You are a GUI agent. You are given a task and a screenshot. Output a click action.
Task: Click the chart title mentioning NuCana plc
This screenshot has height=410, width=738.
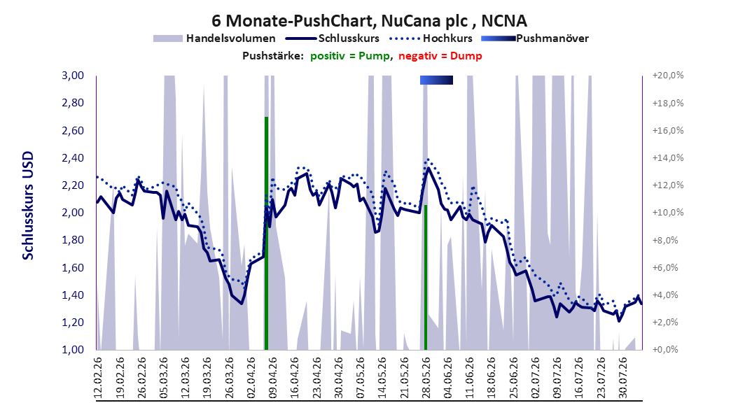coord(369,21)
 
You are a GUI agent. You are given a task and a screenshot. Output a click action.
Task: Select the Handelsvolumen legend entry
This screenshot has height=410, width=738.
coord(214,38)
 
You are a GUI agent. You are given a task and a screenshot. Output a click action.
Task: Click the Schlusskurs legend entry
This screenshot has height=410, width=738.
coord(333,38)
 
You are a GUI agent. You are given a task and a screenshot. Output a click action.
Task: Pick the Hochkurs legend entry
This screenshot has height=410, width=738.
coord(430,38)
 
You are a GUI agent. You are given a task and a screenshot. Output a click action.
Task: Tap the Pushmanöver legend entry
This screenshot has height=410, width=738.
coord(535,38)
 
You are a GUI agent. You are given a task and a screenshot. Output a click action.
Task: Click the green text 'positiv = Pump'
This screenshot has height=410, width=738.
coord(349,56)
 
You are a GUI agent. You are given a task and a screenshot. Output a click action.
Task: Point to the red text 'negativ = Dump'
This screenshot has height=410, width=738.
coord(440,56)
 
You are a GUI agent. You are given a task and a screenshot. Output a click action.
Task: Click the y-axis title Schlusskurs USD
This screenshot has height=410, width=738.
coord(28,206)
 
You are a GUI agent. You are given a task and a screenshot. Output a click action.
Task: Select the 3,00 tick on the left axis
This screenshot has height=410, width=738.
coord(73,76)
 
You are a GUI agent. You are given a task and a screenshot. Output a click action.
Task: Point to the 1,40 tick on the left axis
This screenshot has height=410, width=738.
coord(73,295)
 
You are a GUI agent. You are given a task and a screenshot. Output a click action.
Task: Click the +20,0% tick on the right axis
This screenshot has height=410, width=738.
coord(668,76)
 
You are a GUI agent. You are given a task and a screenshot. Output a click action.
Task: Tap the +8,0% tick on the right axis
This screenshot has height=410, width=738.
coord(668,240)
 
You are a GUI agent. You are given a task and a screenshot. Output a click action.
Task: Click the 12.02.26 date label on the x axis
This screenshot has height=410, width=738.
coord(98,378)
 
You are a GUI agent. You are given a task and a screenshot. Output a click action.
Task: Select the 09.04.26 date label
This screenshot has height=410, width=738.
coord(272,378)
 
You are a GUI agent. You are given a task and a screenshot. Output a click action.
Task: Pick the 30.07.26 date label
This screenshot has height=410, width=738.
coord(622,378)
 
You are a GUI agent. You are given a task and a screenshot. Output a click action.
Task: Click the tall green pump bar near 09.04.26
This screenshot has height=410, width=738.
coord(266,233)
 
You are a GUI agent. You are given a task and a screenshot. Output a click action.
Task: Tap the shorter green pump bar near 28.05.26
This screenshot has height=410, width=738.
coord(426,277)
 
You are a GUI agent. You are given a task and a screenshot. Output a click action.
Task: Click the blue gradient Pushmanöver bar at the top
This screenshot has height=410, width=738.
coord(436,80)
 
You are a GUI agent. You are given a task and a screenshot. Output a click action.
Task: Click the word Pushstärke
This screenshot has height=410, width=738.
coord(272,56)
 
